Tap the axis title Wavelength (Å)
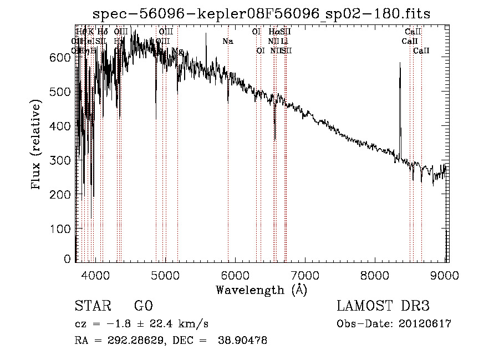pyautogui.click(x=261, y=290)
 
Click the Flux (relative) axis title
pyautogui.click(x=37, y=145)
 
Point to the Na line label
pyautogui.click(x=228, y=41)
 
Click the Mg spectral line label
pyautogui.click(x=177, y=50)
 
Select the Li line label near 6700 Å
pyautogui.click(x=284, y=41)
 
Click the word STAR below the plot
pyautogui.click(x=93, y=306)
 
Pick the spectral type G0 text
pyautogui.click(x=143, y=306)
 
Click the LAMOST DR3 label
pyautogui.click(x=383, y=306)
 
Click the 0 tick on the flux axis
pyautogui.click(x=68, y=258)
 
